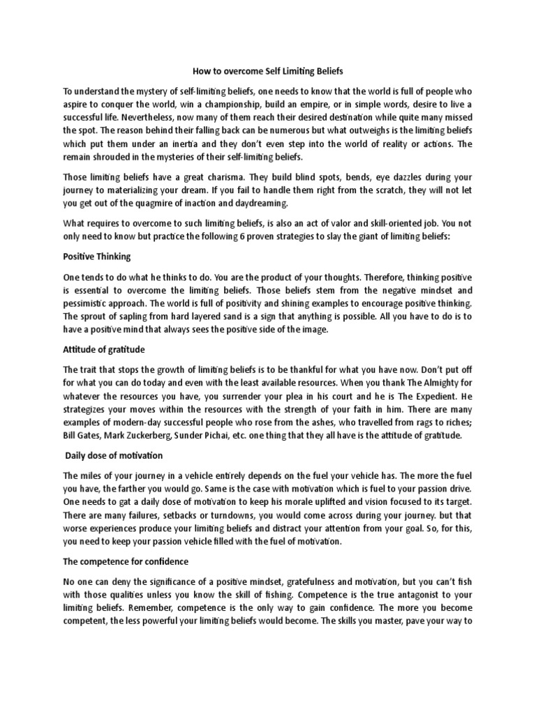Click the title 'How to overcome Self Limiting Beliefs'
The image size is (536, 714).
click(267, 71)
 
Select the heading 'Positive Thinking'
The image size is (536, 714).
click(97, 257)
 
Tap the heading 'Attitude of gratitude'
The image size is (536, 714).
click(104, 349)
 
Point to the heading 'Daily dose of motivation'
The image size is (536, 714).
click(114, 455)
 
